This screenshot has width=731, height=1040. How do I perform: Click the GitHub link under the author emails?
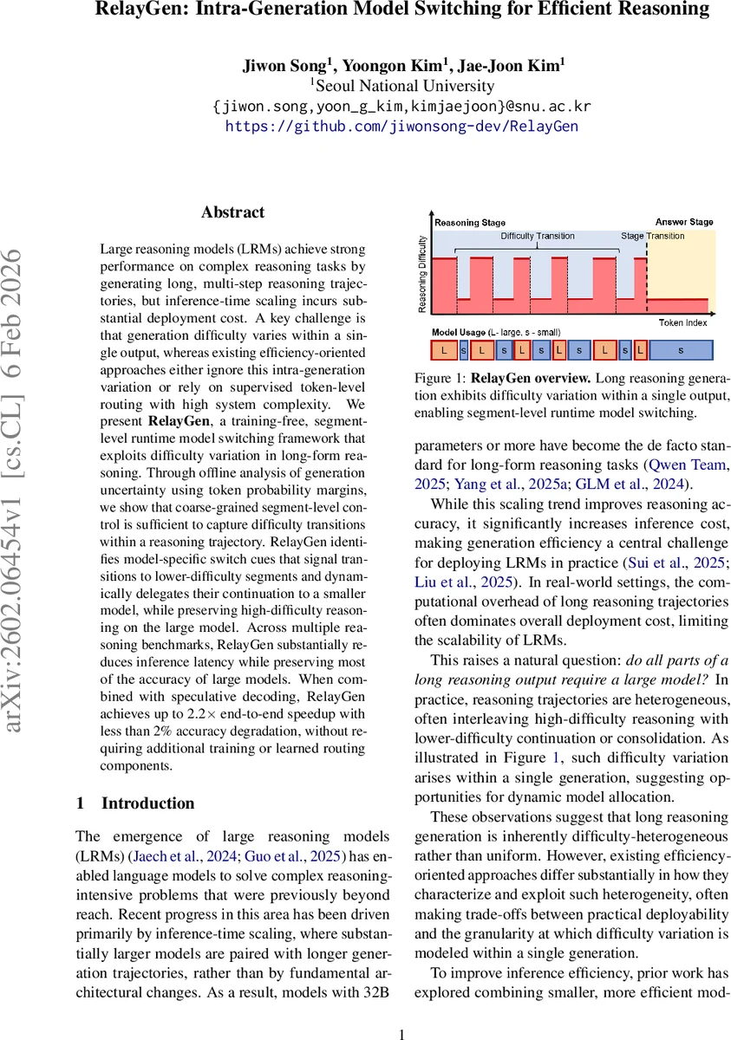[401, 127]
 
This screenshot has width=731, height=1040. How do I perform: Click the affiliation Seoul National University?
[402, 86]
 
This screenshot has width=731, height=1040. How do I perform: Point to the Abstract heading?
[232, 212]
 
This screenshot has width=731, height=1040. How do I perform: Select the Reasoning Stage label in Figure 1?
[469, 223]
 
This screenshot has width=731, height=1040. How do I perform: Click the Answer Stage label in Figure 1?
[684, 222]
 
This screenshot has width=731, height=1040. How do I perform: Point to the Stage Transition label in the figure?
[652, 236]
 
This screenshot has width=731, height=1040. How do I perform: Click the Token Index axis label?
[681, 322]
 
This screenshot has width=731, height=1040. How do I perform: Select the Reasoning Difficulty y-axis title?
[422, 273]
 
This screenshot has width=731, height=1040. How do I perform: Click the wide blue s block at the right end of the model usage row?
[681, 350]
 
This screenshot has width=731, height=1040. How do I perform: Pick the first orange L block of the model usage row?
[443, 350]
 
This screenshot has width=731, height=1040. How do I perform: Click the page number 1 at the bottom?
[401, 1033]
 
